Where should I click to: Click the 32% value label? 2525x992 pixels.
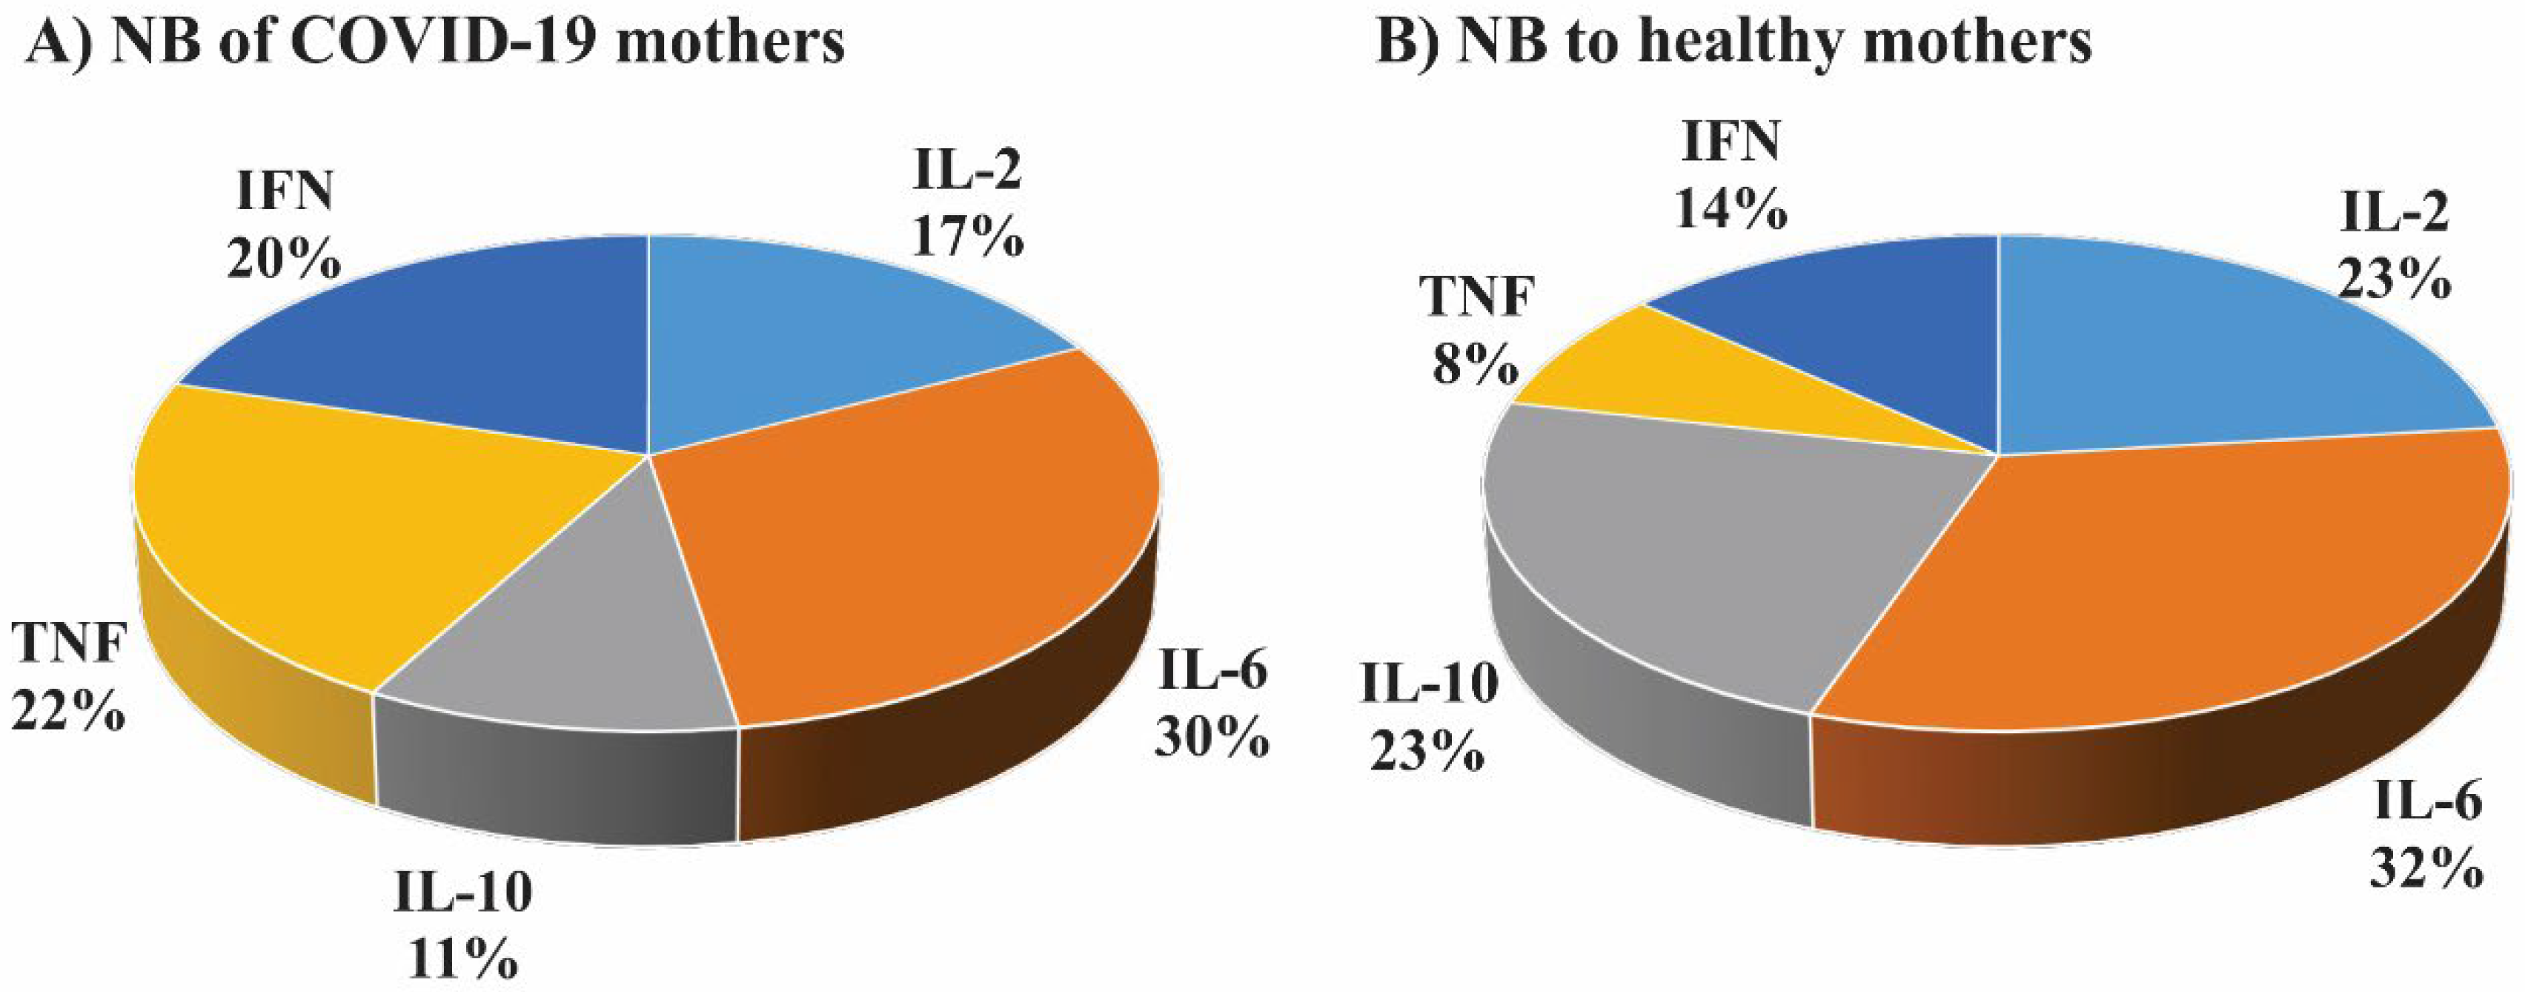point(2425,867)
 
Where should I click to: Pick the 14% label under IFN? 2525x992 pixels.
point(1729,209)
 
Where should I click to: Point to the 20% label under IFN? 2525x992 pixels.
point(285,259)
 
